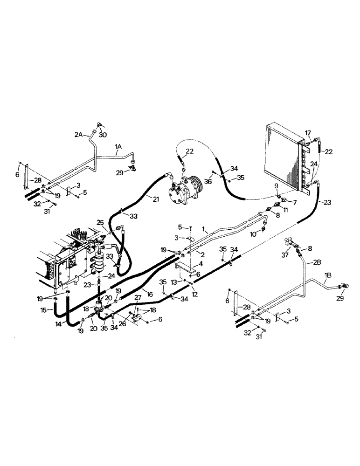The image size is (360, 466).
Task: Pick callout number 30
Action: click(103, 135)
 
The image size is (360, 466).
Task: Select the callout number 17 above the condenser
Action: click(308, 133)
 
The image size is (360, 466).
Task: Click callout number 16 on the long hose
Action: click(150, 294)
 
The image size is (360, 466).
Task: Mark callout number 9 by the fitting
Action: click(276, 185)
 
